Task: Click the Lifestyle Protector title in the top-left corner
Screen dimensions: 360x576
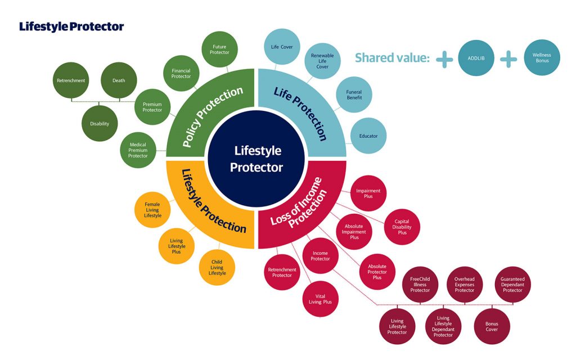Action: [x=71, y=26]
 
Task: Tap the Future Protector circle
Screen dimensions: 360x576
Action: [x=220, y=49]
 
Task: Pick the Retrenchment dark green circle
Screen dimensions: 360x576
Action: [x=71, y=80]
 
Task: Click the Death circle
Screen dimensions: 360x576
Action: [x=119, y=80]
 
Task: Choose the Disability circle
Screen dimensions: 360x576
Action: [x=100, y=124]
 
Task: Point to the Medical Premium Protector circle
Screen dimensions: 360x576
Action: [x=138, y=150]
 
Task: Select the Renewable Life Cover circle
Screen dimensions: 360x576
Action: [x=322, y=61]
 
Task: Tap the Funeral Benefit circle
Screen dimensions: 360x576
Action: [x=354, y=94]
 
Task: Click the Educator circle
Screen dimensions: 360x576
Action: [x=368, y=136]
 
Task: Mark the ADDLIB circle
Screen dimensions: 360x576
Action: [x=476, y=57]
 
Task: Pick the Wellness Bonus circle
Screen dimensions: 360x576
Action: [x=542, y=57]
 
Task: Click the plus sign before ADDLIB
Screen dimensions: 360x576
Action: [x=444, y=58]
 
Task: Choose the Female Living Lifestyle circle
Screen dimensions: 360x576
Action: [x=152, y=210]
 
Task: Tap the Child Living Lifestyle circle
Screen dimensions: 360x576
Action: [x=218, y=267]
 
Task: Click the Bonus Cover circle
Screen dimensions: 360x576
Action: [x=492, y=327]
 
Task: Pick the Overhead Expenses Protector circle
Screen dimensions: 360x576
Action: [x=465, y=284]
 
